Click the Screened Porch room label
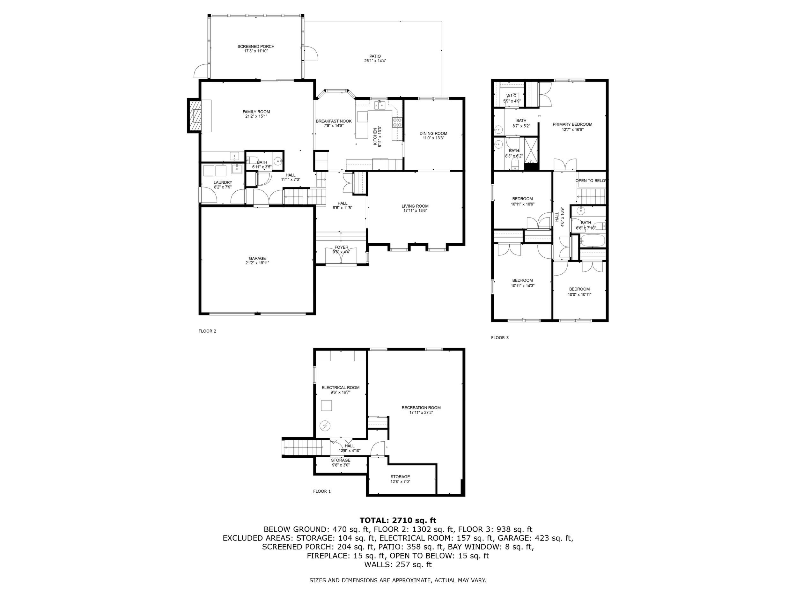[x=256, y=47]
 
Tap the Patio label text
[x=375, y=56]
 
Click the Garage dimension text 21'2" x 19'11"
[x=257, y=263]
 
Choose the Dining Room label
[x=433, y=134]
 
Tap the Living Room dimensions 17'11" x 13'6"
[x=415, y=211]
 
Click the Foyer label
[x=341, y=247]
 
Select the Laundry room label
[x=223, y=182]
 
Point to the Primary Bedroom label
[x=572, y=124]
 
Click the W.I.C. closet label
[x=512, y=96]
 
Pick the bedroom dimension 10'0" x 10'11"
[x=579, y=294]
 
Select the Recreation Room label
[x=421, y=408]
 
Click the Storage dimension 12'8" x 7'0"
[x=400, y=482]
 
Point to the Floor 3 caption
[x=500, y=337]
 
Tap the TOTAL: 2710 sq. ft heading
[x=398, y=520]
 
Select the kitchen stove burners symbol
[x=397, y=123]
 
